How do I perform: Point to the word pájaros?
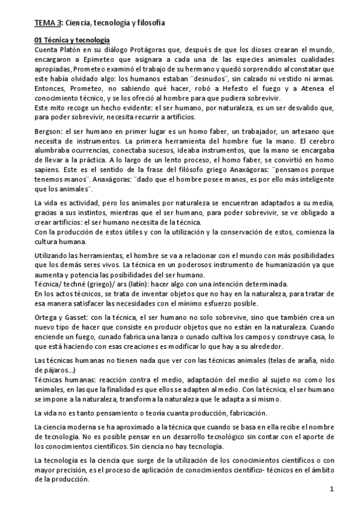[x=53, y=370]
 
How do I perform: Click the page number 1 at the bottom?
[x=331, y=494]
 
